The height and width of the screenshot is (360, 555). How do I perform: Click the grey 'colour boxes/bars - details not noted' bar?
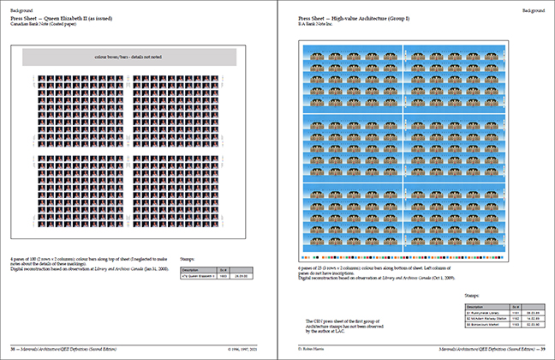(x=129, y=57)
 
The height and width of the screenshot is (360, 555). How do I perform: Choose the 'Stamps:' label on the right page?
(x=472, y=296)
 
